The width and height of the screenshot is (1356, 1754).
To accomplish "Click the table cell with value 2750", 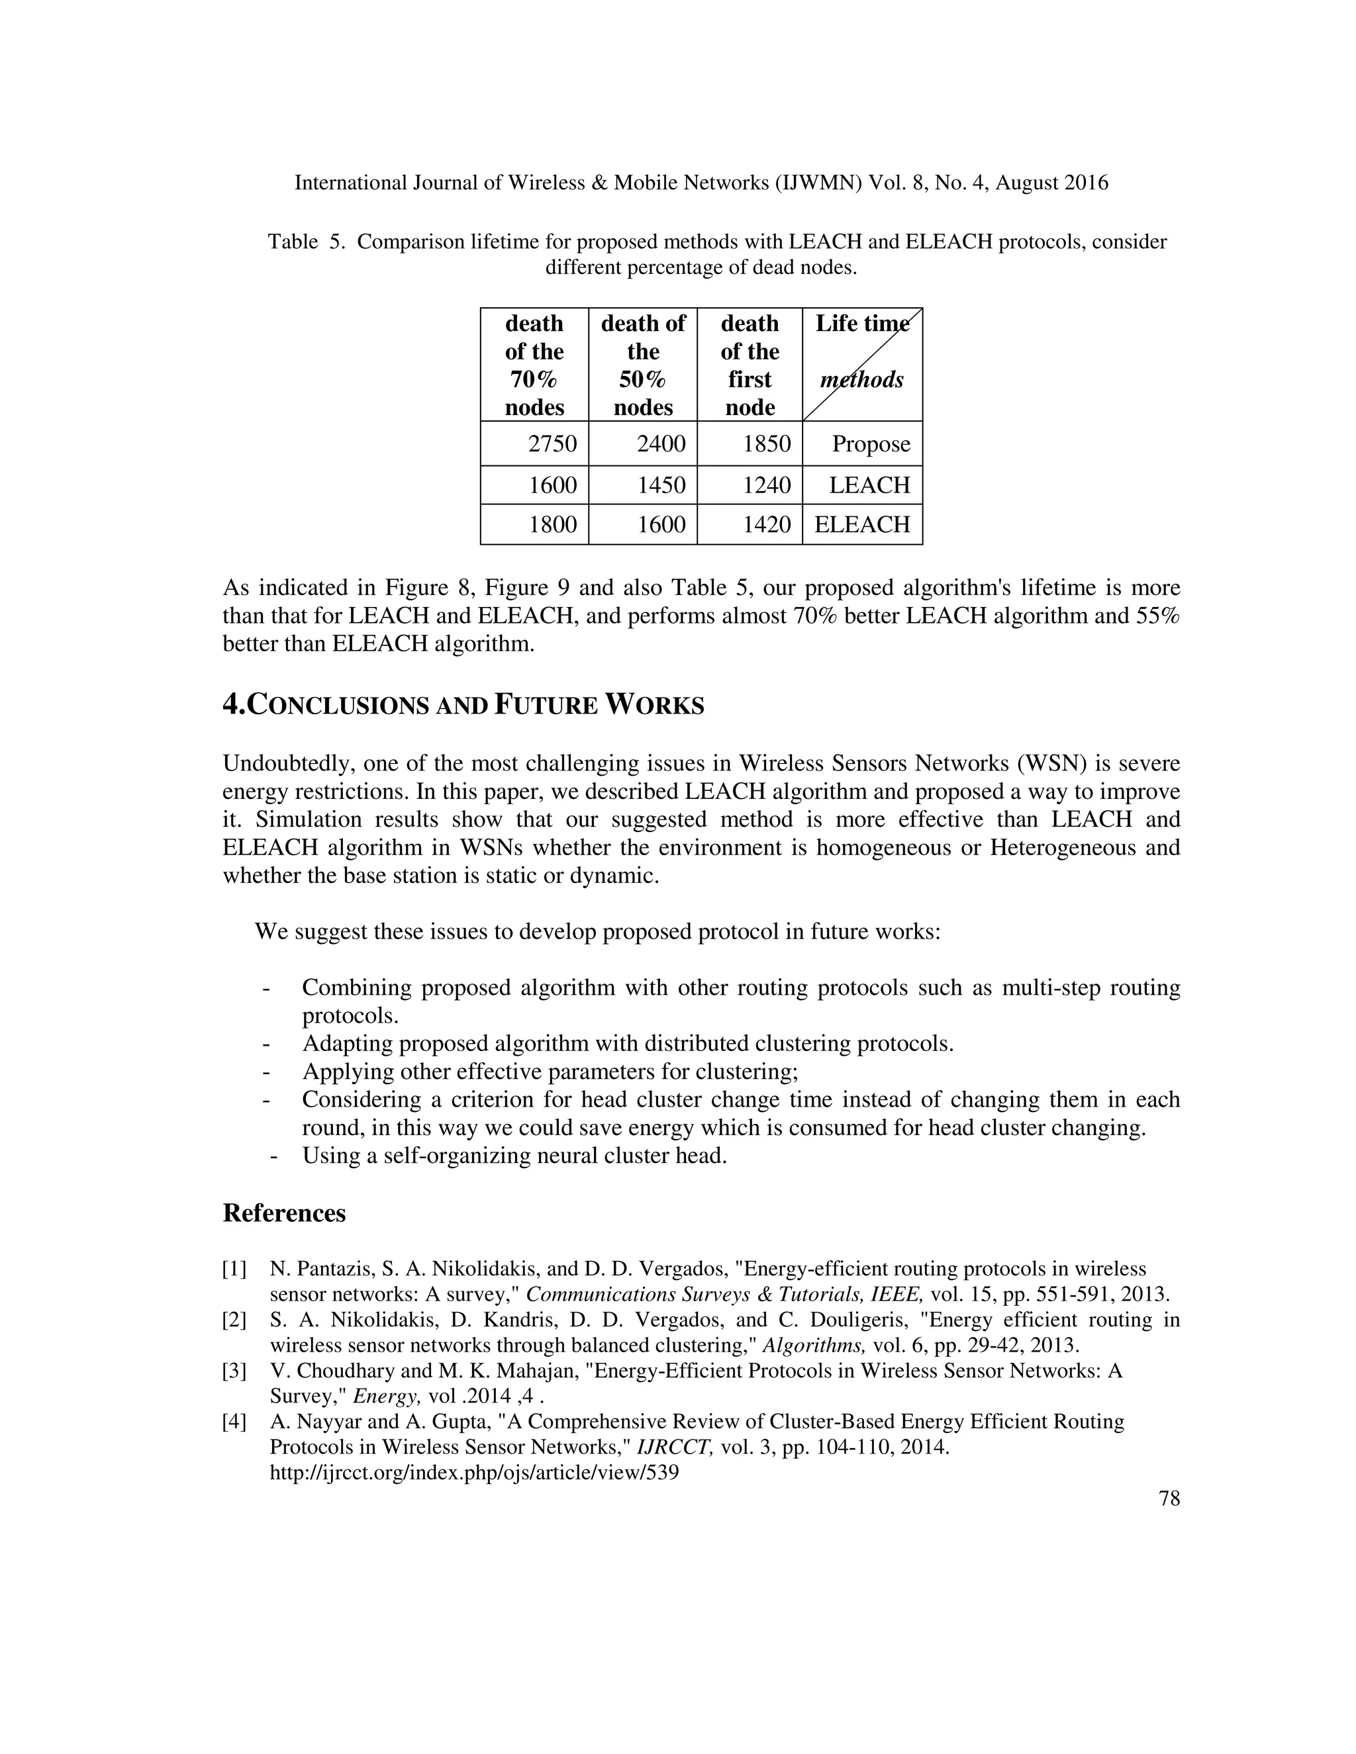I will tap(552, 443).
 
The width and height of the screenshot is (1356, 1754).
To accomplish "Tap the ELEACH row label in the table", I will tap(862, 524).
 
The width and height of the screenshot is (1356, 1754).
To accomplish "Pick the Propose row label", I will tap(871, 443).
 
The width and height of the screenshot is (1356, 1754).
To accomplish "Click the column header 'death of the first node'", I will tap(750, 365).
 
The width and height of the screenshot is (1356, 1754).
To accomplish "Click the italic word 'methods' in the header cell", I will tap(861, 379).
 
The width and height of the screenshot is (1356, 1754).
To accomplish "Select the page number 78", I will tap(1169, 1499).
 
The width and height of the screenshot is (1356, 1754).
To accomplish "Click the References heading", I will tap(283, 1213).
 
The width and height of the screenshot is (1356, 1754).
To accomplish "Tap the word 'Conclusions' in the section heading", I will tap(338, 706).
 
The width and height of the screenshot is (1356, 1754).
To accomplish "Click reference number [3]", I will tap(234, 1371).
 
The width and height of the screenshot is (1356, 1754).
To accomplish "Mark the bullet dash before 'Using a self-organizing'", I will tap(275, 1156).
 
